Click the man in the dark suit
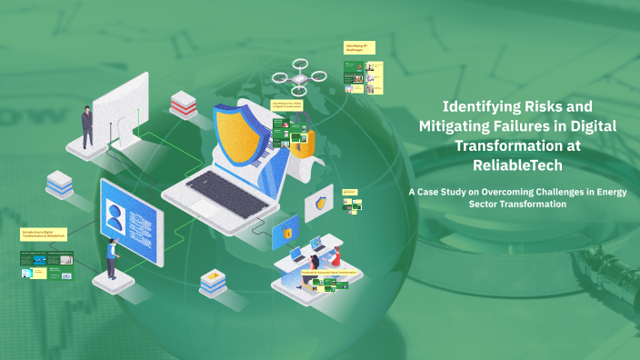87,126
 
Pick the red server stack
183,103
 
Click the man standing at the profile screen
112,258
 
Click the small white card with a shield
319,203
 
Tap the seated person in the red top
335,256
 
